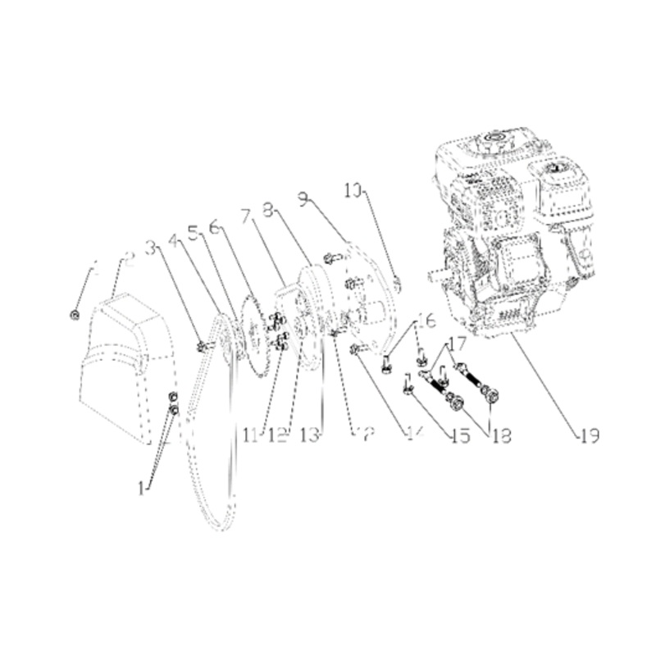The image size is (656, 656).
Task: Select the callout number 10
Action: [x=353, y=192]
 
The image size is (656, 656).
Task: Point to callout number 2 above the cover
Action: [x=127, y=260]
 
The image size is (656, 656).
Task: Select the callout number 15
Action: [x=458, y=435]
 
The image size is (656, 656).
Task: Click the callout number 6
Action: [x=215, y=225]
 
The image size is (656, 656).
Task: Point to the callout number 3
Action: [x=150, y=246]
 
